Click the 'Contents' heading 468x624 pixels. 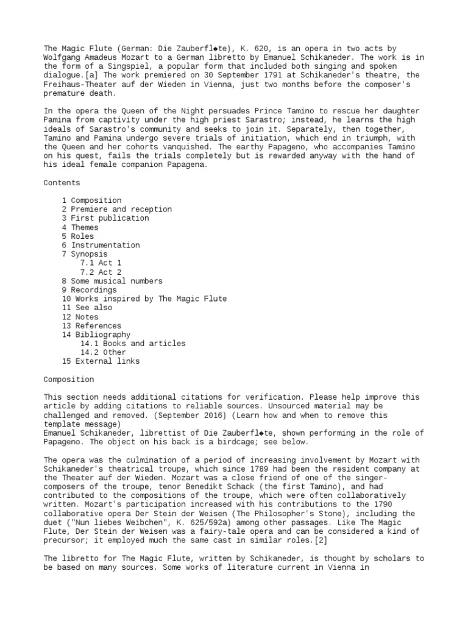click(x=62, y=182)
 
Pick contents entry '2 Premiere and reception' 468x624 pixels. click(x=116, y=209)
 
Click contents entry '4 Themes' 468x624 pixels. click(x=80, y=227)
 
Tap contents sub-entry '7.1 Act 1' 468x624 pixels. click(x=101, y=263)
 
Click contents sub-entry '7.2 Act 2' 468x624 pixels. click(x=101, y=272)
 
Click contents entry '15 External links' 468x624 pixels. click(x=101, y=361)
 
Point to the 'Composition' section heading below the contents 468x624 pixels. click(x=68, y=379)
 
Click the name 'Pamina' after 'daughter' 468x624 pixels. click(x=57, y=119)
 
